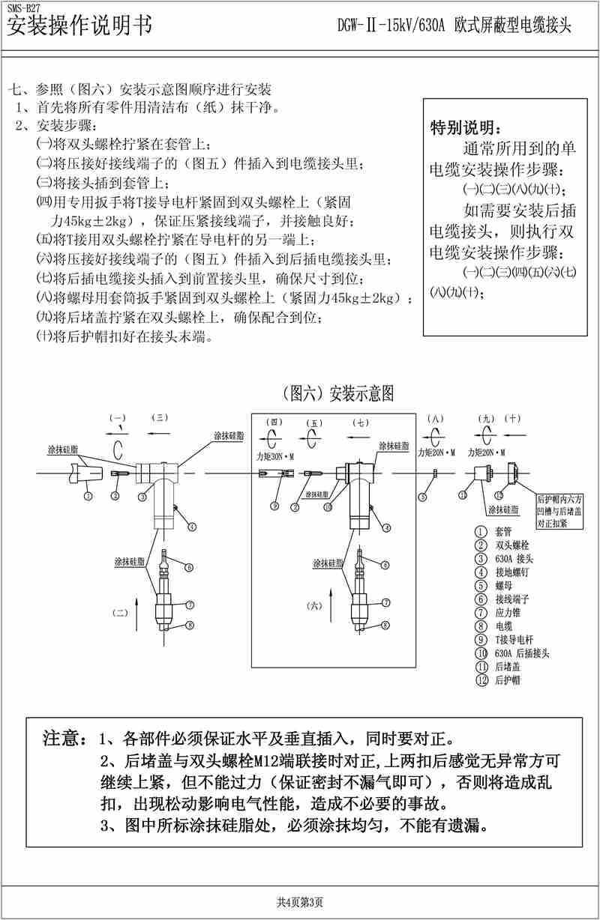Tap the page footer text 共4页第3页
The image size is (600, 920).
tap(300, 901)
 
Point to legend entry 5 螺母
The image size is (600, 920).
tap(499, 585)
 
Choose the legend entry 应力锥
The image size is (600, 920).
tap(501, 612)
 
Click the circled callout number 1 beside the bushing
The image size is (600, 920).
tap(88, 495)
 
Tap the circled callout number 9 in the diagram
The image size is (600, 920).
tap(275, 506)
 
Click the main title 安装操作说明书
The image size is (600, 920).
tap(78, 26)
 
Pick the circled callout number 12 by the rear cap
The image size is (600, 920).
tap(498, 495)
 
